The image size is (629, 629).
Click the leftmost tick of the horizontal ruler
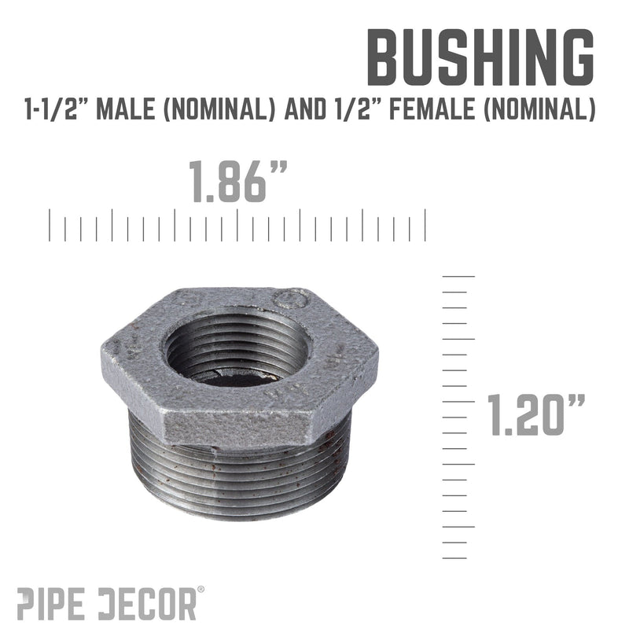(x=50, y=225)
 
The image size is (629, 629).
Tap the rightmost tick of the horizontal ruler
(x=425, y=225)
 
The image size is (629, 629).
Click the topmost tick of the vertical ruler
(x=459, y=276)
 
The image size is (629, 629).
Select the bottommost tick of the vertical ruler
(x=455, y=557)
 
